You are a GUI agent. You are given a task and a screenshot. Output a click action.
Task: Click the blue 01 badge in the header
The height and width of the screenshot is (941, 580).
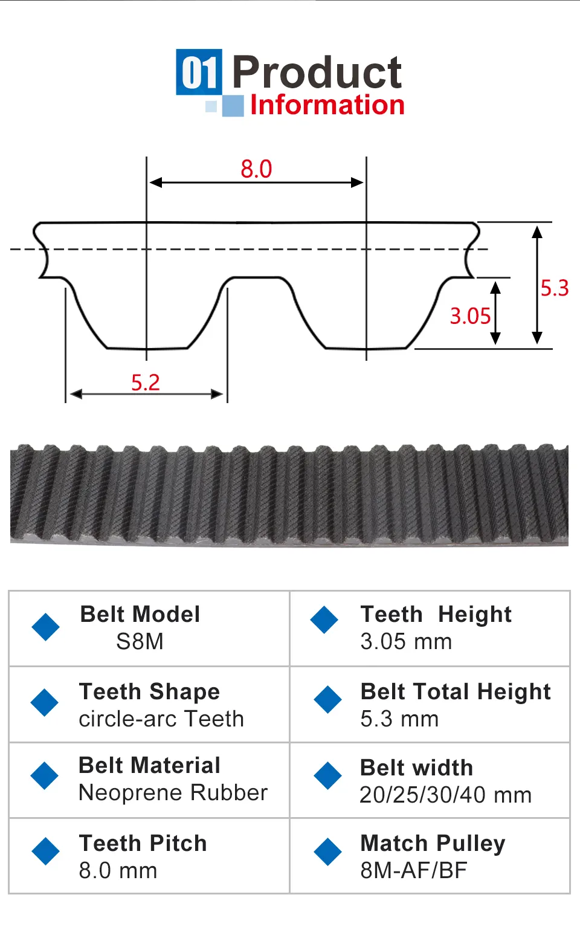(199, 72)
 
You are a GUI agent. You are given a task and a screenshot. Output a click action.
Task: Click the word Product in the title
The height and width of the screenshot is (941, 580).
(317, 72)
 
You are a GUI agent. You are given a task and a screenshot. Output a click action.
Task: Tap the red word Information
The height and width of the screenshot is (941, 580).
(327, 105)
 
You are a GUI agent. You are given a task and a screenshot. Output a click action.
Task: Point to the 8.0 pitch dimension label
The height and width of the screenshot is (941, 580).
(256, 169)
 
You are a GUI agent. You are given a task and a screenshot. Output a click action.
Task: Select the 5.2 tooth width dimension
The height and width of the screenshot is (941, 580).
(146, 383)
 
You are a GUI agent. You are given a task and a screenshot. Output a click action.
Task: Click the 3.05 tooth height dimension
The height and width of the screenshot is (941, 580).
(470, 316)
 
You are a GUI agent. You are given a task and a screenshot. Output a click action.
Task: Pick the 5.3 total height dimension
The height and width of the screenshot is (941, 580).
(554, 288)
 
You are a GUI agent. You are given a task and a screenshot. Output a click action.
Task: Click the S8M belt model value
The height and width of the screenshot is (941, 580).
(140, 641)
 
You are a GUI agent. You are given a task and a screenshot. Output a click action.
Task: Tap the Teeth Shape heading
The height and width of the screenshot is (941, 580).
(149, 691)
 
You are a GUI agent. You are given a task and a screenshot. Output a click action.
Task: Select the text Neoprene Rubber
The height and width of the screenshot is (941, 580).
(173, 792)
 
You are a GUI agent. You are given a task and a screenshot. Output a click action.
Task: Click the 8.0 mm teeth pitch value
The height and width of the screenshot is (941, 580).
(118, 870)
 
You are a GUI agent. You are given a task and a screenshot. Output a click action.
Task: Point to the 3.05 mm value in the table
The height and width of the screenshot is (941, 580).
(406, 641)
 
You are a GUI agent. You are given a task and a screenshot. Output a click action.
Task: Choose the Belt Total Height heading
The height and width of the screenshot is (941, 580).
(456, 691)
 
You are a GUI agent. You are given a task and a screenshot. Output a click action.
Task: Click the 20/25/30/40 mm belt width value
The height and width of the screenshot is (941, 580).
(445, 795)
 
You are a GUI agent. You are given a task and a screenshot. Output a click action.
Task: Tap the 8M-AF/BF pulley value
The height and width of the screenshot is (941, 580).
(414, 870)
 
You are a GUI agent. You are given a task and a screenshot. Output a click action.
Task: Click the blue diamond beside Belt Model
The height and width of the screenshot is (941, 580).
(45, 627)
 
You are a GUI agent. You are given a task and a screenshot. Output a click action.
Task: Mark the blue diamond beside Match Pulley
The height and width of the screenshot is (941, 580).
(328, 852)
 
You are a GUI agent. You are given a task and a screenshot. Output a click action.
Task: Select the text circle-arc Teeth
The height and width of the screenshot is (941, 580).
(161, 719)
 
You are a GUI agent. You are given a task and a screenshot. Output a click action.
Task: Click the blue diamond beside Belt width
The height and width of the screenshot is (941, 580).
(328, 776)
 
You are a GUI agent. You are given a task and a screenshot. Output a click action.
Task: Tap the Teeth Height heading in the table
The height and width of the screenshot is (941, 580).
(436, 614)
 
